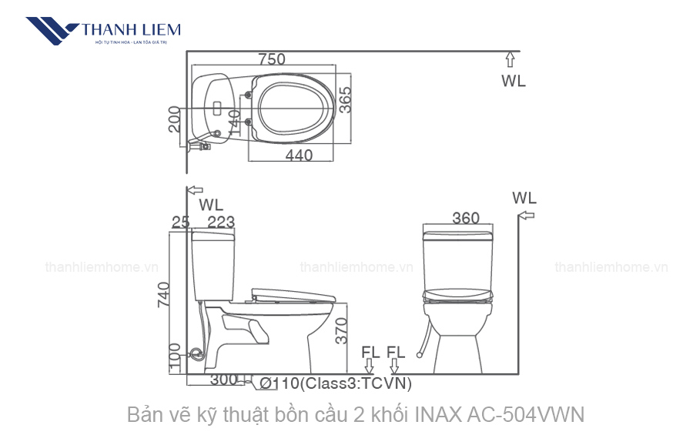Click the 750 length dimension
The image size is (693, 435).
[272, 59]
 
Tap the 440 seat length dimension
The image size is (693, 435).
[299, 156]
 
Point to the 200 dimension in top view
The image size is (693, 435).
[175, 119]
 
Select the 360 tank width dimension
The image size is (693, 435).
[466, 219]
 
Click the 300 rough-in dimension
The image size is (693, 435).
[223, 380]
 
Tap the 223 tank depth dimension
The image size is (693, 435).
[221, 223]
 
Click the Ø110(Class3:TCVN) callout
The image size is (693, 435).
[336, 383]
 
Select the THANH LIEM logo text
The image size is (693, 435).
[131, 30]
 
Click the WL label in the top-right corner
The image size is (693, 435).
[514, 81]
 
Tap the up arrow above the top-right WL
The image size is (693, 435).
[509, 59]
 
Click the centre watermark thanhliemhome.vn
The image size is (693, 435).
[357, 267]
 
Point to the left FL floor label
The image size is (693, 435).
[370, 353]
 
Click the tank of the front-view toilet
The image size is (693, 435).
[457, 258]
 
